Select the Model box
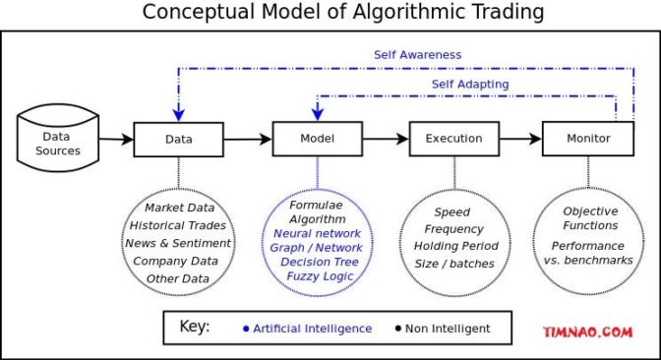(316, 139)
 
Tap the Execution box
(453, 139)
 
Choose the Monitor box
(588, 139)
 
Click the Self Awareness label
(417, 55)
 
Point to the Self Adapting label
(470, 85)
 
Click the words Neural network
(317, 234)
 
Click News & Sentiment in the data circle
(178, 243)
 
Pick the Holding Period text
(455, 246)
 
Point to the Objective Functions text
(590, 218)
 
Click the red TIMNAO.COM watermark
(587, 332)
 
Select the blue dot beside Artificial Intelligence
(245, 329)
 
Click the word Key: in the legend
(194, 327)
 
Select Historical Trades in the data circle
(178, 225)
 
